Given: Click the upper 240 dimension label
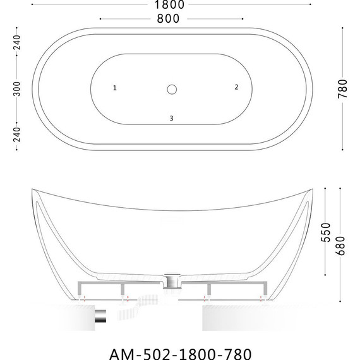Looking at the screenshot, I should click(x=18, y=42).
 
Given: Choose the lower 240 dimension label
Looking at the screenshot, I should click(x=18, y=135).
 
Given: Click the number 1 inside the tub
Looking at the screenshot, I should click(x=115, y=88).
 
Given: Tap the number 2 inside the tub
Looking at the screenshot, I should click(x=236, y=87).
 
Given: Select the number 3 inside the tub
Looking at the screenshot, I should click(x=171, y=118).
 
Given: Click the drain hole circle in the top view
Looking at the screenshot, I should click(x=172, y=89).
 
